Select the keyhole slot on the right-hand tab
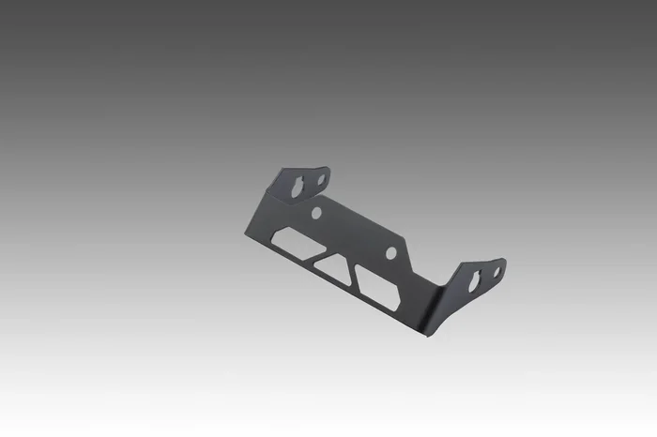[x=476, y=279]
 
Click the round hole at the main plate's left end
[x=316, y=213]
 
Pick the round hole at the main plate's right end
[x=392, y=252]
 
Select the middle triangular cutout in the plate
[x=330, y=266]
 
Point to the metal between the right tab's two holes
[x=486, y=276]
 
